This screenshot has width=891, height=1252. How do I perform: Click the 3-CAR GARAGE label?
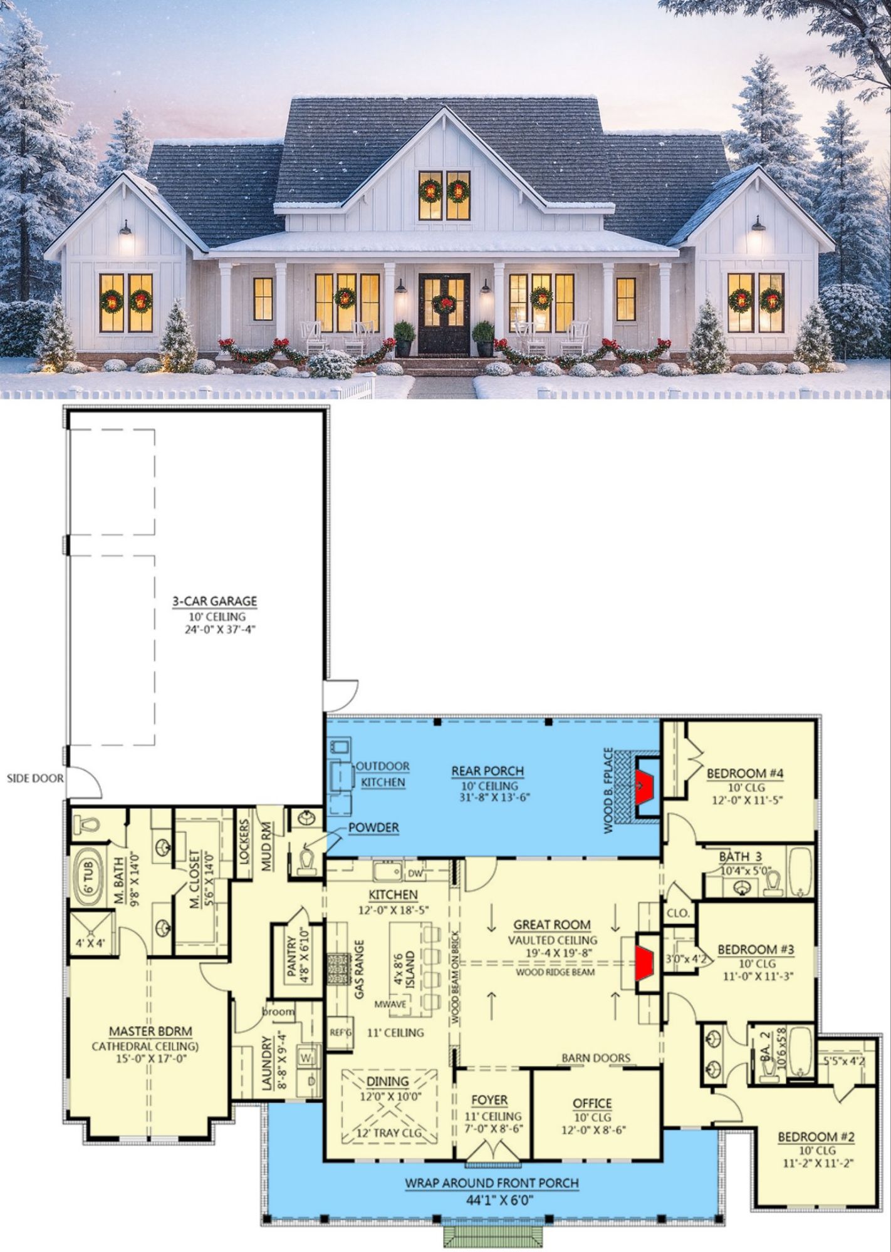(x=214, y=601)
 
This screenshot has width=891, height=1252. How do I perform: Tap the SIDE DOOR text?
(x=35, y=779)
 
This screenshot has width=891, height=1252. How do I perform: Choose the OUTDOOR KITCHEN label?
(x=383, y=774)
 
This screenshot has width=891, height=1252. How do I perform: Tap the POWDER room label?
(x=373, y=828)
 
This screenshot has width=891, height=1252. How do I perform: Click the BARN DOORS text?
(x=596, y=1058)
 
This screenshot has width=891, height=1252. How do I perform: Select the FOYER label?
(x=489, y=1100)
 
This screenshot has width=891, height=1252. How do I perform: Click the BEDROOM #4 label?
(x=745, y=773)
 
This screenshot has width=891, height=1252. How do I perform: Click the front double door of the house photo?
(x=444, y=314)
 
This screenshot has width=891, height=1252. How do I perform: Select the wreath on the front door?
(x=444, y=304)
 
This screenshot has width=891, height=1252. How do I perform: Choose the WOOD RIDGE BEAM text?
(x=555, y=972)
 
